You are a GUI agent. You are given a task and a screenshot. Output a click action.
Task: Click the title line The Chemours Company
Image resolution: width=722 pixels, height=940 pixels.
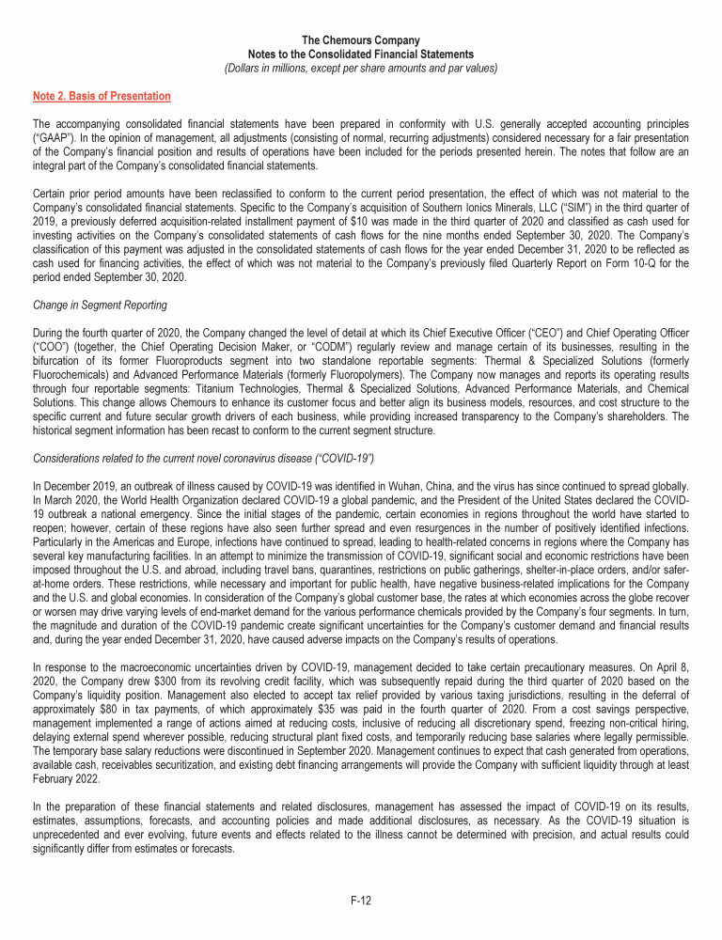point(361,40)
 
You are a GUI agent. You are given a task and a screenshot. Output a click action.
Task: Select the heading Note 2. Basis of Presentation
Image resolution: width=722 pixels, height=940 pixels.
point(102,96)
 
